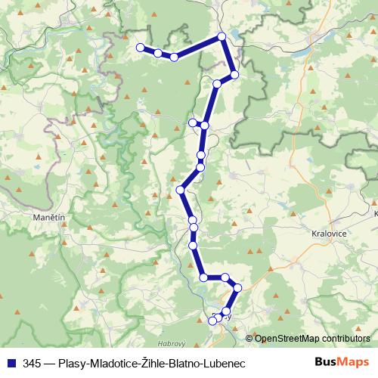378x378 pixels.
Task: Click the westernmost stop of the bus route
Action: [140, 48]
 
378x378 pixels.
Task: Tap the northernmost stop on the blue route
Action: [222, 36]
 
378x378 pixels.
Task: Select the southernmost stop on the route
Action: [212, 321]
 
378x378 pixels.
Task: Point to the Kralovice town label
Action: [328, 234]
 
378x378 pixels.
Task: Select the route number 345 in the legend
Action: [31, 363]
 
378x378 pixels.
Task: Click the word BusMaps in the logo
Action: [341, 363]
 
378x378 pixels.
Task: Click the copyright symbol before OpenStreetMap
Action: [249, 339]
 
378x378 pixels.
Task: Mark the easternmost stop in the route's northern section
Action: [234, 74]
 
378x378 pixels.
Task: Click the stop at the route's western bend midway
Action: [181, 189]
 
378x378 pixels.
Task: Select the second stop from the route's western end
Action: [157, 53]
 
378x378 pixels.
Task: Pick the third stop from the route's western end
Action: [174, 57]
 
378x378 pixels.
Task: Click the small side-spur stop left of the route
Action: [193, 122]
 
